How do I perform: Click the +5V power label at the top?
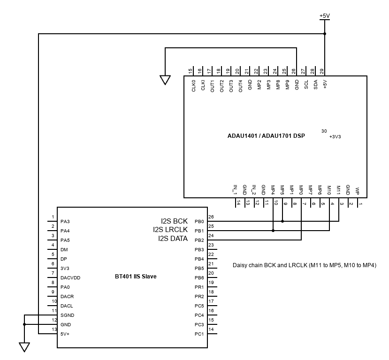coord(324,15)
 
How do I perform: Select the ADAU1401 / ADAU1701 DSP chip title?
coord(266,136)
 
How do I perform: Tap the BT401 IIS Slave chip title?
coord(136,277)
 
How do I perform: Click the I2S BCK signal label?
coord(174,221)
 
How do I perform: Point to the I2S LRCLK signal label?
coord(170,230)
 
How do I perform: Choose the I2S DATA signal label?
coord(173,239)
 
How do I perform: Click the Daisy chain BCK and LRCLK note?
coord(304,265)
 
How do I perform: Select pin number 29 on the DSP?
coord(322,71)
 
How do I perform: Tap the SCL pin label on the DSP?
coord(306,85)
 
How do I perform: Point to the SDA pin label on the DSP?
coord(315,85)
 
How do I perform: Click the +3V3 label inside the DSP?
coord(335,137)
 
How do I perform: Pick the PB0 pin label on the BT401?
coord(199,221)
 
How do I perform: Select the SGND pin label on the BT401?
coord(67,315)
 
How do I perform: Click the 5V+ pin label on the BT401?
coord(65,334)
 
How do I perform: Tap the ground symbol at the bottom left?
coord(24,347)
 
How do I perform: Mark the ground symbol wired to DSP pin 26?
coord(165,80)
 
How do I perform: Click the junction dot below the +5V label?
coord(324,34)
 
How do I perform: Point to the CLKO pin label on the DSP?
coord(193,86)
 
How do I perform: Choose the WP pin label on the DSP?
coord(358,191)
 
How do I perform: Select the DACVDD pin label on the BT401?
coord(70,277)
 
